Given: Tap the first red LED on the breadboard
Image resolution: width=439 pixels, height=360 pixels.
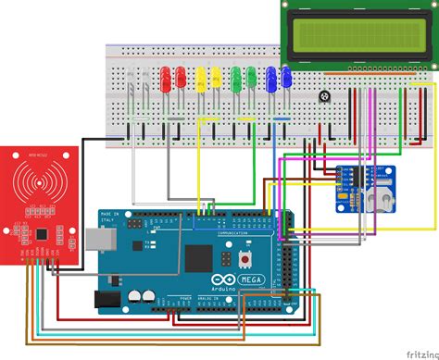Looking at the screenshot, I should pos(167,77).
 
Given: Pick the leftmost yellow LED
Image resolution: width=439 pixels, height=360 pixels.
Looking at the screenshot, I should pos(198,77).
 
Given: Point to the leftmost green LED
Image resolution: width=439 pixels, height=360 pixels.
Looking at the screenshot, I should pos(237,77).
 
